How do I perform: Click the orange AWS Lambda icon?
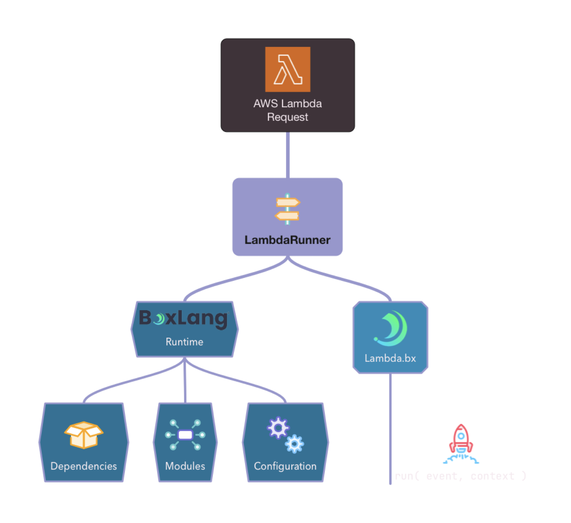(x=287, y=69)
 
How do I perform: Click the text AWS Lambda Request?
(x=287, y=110)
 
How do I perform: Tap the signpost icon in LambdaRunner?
(x=287, y=209)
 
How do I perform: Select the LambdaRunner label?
(x=287, y=240)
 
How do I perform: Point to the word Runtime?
(x=184, y=342)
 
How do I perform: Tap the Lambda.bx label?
(x=390, y=358)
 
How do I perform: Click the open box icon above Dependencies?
(x=84, y=435)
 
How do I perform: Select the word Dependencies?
(x=84, y=466)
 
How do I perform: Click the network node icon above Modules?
(x=185, y=435)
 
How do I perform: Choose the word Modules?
(x=185, y=466)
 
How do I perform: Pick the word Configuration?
(x=285, y=466)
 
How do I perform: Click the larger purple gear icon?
(x=278, y=428)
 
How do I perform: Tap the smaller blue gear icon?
(x=294, y=444)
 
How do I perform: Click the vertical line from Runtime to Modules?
(x=185, y=381)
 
